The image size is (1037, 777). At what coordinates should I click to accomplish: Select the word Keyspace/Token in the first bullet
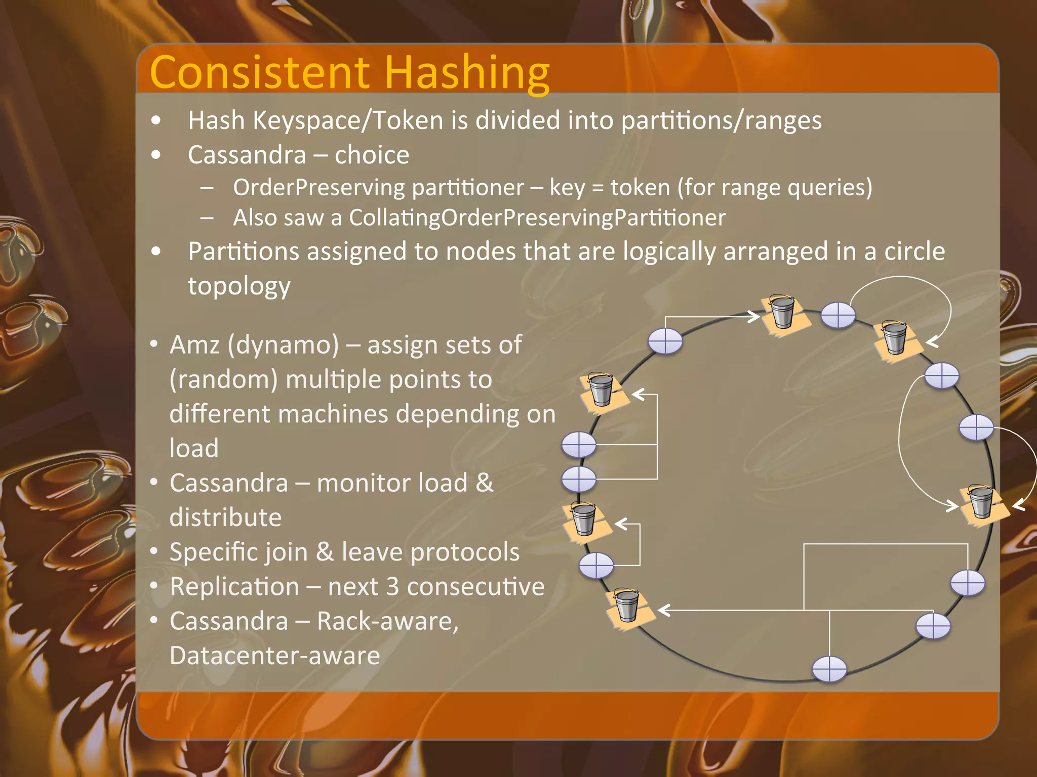(348, 120)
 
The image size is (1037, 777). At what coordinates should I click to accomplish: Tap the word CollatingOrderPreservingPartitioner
(537, 218)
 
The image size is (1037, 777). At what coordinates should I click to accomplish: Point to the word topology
(239, 286)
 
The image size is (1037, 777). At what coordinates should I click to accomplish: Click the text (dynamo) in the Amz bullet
(283, 345)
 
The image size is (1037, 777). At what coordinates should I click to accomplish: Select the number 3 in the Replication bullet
(392, 587)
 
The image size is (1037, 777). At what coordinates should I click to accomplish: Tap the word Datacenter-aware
(274, 656)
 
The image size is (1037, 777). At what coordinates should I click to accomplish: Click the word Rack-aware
(387, 621)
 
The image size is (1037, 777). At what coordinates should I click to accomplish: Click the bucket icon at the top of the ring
(782, 313)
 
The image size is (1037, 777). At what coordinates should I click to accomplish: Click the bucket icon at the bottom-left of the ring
(627, 606)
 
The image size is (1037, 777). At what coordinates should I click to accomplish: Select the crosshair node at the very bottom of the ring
(829, 669)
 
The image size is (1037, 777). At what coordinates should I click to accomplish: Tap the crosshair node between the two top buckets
(838, 316)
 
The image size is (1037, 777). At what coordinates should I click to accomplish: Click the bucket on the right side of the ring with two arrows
(981, 502)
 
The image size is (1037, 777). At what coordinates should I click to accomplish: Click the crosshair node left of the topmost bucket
(665, 341)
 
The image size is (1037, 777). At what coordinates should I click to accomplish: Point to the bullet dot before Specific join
(154, 551)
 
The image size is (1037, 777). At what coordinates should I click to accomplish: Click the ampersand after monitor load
(485, 483)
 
